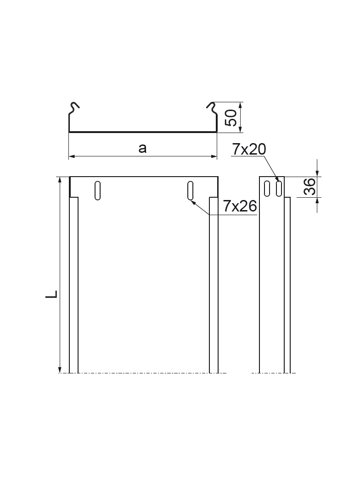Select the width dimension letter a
pyautogui.click(x=142, y=148)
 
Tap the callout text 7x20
pyautogui.click(x=248, y=149)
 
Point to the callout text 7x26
pyautogui.click(x=239, y=207)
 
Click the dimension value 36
pyautogui.click(x=311, y=187)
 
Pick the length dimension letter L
pyautogui.click(x=51, y=294)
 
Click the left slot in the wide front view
pyautogui.click(x=97, y=190)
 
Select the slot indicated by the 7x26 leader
pyautogui.click(x=191, y=190)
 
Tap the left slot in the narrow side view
pyautogui.click(x=267, y=189)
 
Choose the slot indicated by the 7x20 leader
pyautogui.click(x=278, y=189)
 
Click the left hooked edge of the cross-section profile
pyautogui.click(x=74, y=108)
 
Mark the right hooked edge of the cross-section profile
pyautogui.click(x=212, y=108)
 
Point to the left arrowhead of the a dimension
pyautogui.click(x=72, y=157)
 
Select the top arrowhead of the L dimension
pyautogui.click(x=60, y=180)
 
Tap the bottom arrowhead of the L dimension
pyautogui.click(x=60, y=370)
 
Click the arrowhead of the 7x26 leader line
pyautogui.click(x=193, y=201)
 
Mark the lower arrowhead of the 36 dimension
pyautogui.click(x=317, y=200)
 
